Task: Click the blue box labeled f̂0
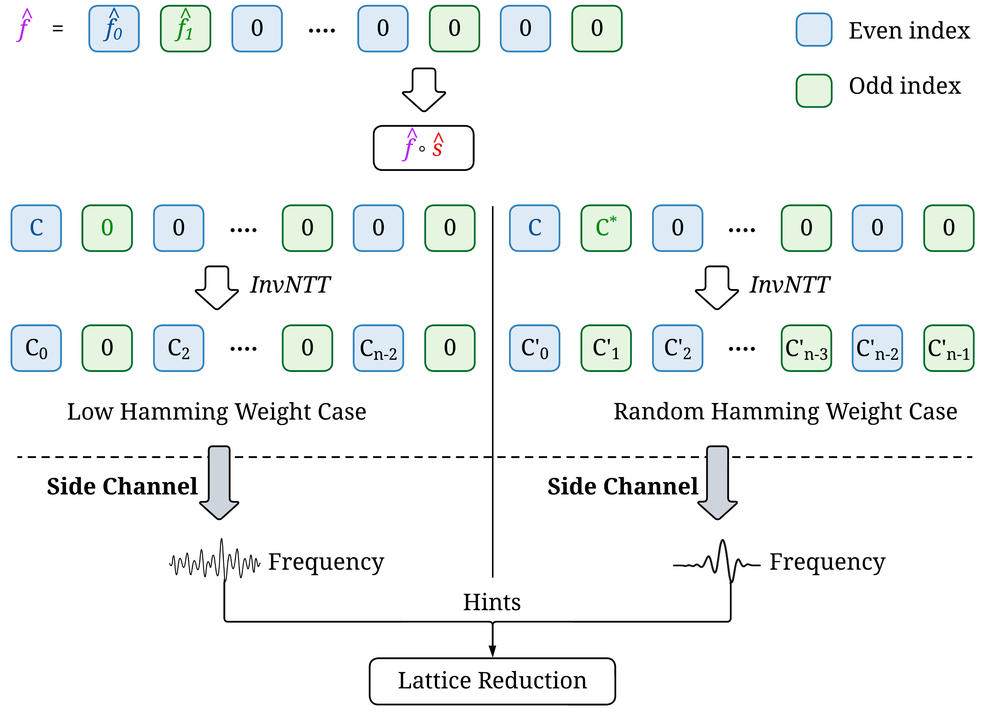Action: point(114,29)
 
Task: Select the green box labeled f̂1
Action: point(185,29)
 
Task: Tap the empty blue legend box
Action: point(814,30)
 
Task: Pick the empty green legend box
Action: point(814,91)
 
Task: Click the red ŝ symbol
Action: point(437,146)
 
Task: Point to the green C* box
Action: point(606,228)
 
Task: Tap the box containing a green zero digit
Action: point(107,228)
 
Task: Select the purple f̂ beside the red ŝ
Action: point(409,146)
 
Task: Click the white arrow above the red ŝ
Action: point(424,89)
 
